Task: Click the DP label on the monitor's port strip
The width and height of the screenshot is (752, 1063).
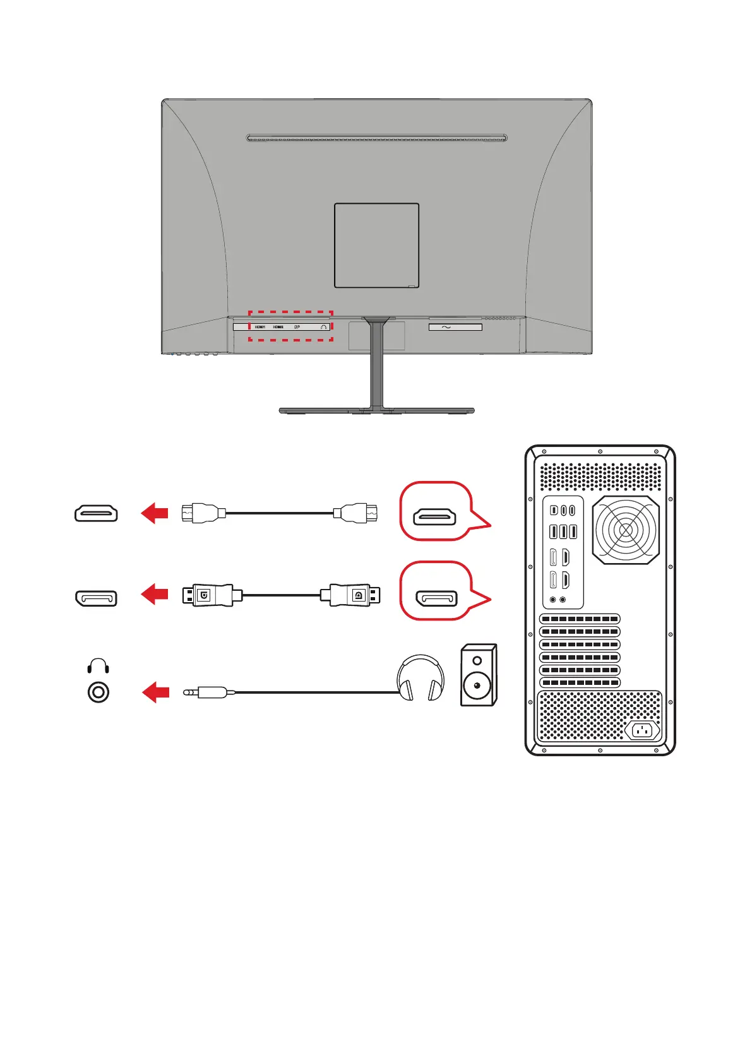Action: tap(297, 327)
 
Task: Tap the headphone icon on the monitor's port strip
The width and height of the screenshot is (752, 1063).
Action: tap(323, 327)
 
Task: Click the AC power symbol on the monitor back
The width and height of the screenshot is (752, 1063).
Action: tap(446, 327)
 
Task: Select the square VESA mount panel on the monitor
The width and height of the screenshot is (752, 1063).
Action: tap(376, 245)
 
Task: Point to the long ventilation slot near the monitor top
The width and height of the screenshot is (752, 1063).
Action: tap(376, 138)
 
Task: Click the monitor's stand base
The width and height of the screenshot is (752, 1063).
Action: tap(376, 410)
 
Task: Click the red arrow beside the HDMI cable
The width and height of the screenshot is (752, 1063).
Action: tap(155, 513)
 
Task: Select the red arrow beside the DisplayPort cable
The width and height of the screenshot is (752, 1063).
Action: tap(155, 594)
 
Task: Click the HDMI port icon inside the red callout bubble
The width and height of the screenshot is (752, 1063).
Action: tap(434, 518)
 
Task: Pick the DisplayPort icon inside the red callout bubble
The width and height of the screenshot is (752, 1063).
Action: tap(436, 598)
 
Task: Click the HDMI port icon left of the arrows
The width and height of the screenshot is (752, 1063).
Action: tap(96, 513)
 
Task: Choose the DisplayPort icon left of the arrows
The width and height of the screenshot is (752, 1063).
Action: tap(96, 597)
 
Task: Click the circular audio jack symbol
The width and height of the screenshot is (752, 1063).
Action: tap(98, 692)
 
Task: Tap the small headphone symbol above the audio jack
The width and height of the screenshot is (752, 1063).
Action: tap(98, 665)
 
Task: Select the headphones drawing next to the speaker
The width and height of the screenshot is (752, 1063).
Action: tap(420, 677)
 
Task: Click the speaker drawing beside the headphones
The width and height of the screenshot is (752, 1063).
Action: tap(478, 674)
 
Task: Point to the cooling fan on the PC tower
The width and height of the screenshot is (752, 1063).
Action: tap(626, 530)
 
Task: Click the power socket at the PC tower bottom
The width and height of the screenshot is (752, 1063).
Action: tap(642, 731)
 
